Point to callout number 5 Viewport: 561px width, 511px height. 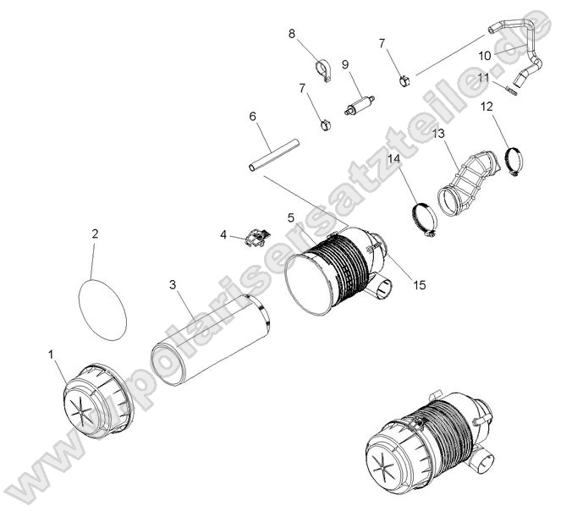290,217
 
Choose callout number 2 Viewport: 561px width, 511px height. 95,234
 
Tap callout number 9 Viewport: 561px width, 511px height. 345,64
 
